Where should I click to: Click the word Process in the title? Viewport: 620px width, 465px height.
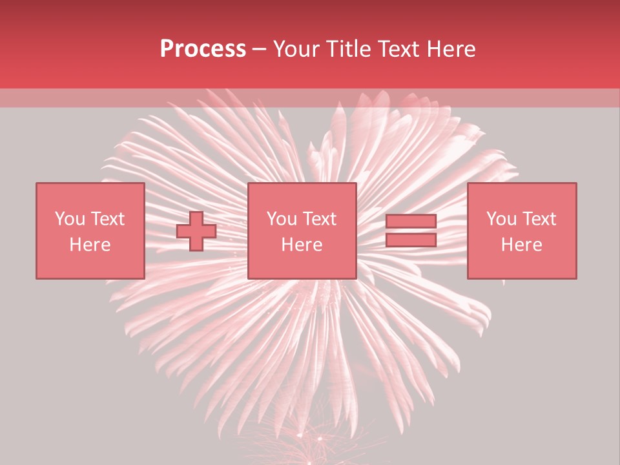coord(203,49)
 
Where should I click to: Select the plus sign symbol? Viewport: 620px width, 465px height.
coord(196,231)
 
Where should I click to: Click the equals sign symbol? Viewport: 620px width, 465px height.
coord(411,231)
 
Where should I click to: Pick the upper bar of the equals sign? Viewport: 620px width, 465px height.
coord(411,222)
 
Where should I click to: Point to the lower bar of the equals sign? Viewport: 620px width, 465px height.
coord(411,240)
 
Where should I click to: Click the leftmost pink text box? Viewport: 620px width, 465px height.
coord(90,231)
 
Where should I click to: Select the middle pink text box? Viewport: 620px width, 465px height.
coord(302,231)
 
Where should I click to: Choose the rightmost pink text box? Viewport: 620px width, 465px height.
coord(522,231)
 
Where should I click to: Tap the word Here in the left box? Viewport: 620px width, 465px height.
coord(90,245)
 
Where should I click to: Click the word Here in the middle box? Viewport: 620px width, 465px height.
coord(302,245)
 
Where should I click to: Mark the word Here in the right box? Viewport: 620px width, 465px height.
coord(522,245)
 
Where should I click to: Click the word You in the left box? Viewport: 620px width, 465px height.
coord(69,219)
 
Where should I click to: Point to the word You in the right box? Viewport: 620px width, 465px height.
coord(501,219)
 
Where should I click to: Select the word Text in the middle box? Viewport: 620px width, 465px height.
coord(320,219)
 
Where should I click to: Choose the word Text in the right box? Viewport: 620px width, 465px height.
coord(540,219)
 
